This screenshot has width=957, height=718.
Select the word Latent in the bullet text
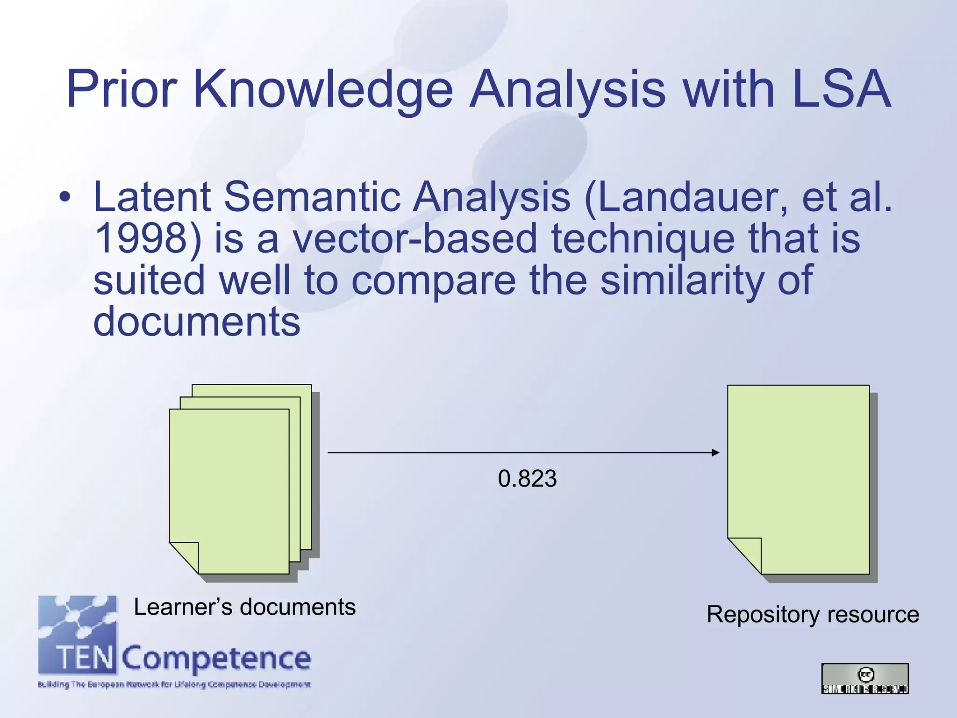coord(152,197)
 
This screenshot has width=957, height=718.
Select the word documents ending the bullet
coord(196,322)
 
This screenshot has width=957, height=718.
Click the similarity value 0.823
coord(527,479)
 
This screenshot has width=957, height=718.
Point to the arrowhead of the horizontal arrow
coord(715,452)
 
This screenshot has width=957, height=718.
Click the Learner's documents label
coord(244,607)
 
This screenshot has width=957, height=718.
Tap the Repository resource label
coord(813,614)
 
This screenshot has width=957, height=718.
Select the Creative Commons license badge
coord(865,678)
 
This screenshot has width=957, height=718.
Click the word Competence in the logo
coord(216,658)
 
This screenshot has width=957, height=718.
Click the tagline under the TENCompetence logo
coord(174,685)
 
